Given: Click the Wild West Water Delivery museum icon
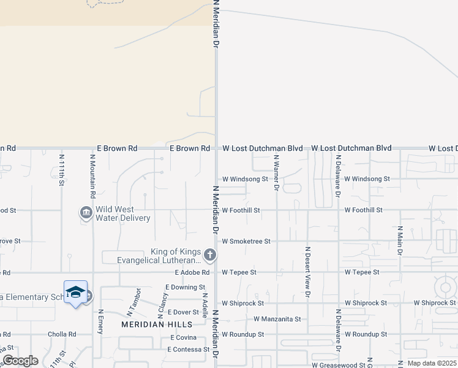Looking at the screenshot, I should [86, 213].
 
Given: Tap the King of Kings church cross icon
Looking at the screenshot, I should [209, 255].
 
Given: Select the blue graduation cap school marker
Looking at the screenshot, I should [75, 292].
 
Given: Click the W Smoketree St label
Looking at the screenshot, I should [246, 242].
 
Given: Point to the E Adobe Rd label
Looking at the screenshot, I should [192, 272].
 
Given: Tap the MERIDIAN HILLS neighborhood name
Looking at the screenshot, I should [157, 324].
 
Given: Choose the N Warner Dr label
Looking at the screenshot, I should [277, 173].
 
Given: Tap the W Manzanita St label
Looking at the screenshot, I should [277, 319].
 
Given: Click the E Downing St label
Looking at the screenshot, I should [186, 287].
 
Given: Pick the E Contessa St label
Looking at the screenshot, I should [189, 349].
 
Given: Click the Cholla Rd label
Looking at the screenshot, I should [62, 335].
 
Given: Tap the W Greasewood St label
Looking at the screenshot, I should [313, 365].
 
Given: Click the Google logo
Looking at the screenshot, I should [20, 361].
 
